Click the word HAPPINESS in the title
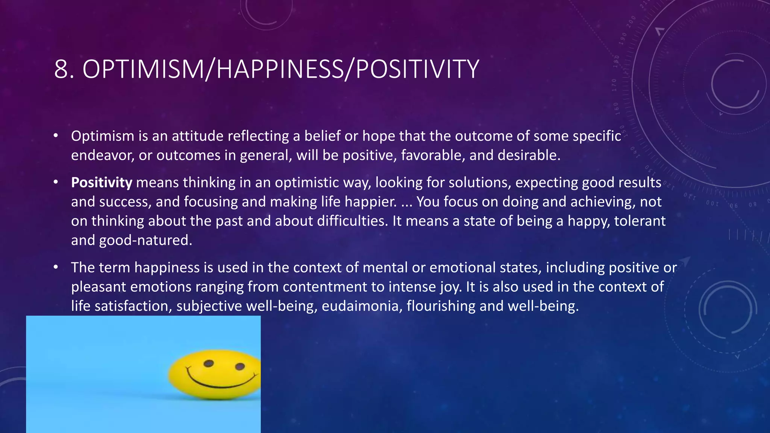click(x=280, y=70)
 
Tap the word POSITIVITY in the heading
click(x=417, y=70)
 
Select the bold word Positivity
click(x=102, y=183)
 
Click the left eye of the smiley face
click(x=209, y=363)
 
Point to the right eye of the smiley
click(x=240, y=366)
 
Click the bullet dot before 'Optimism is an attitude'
click(x=56, y=136)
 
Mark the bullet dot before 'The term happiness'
click(x=56, y=267)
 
